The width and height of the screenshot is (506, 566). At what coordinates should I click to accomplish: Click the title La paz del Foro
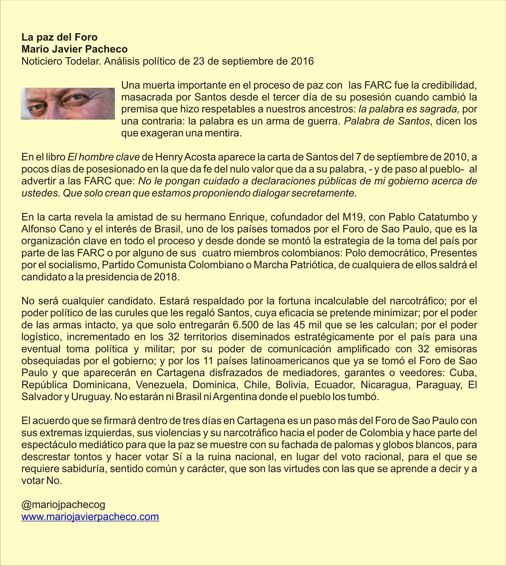pyautogui.click(x=59, y=37)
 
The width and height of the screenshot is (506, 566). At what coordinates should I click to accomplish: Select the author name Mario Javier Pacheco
pyautogui.click(x=74, y=49)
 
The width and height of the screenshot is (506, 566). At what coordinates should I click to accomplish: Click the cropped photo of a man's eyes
pyautogui.click(x=68, y=104)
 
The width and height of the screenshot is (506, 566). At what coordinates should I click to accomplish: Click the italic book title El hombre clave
pyautogui.click(x=104, y=157)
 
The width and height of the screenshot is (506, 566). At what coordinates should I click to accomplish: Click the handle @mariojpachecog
pyautogui.click(x=63, y=505)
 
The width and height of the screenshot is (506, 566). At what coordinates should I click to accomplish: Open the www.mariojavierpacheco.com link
pyautogui.click(x=90, y=517)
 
